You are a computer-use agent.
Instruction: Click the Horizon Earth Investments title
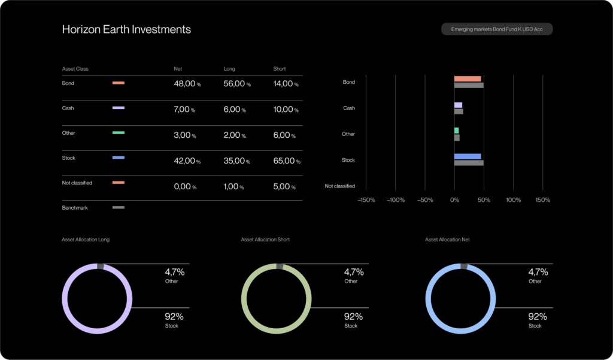(x=126, y=29)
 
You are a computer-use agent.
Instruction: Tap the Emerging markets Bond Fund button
(x=497, y=29)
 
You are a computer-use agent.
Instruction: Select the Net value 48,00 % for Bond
(x=187, y=84)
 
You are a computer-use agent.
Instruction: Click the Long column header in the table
(x=229, y=69)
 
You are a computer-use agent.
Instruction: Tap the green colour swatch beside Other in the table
(x=119, y=133)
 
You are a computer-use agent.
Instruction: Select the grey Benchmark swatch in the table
(x=119, y=207)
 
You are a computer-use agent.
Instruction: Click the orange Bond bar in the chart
(x=468, y=78)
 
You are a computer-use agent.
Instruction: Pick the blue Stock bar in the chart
(x=468, y=156)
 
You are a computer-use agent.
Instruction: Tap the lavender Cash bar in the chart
(x=458, y=105)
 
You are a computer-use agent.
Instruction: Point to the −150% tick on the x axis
(x=366, y=200)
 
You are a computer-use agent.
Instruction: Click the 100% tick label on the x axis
(x=513, y=200)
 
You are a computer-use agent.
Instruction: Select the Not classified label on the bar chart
(x=339, y=186)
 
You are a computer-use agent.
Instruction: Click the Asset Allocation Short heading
(x=265, y=240)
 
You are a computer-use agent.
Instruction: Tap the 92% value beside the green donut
(x=353, y=317)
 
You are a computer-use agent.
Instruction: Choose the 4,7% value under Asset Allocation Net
(x=538, y=272)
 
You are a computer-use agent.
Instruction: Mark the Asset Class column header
(x=75, y=69)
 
